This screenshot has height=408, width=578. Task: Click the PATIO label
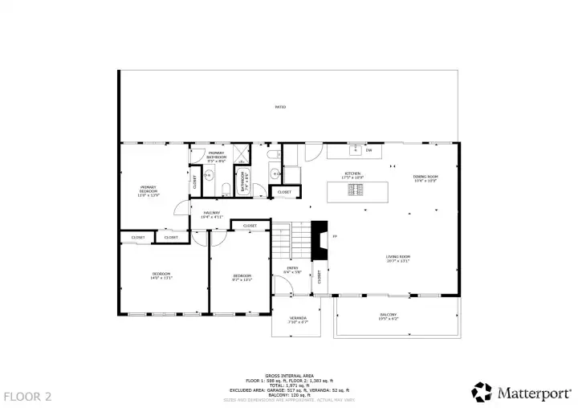tap(280, 107)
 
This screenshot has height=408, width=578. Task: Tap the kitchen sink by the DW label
tap(354, 150)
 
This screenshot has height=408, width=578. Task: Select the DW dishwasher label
tap(369, 150)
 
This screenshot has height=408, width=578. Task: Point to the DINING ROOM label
tap(425, 178)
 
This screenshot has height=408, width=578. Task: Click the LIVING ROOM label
tap(398, 259)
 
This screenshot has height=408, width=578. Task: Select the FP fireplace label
tap(335, 236)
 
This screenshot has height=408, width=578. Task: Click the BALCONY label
tap(388, 316)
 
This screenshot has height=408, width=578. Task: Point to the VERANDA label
tap(298, 320)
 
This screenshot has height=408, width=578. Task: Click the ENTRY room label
tap(293, 270)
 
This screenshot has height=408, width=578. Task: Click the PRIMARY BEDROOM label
tap(149, 190)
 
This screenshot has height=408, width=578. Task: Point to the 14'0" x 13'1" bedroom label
tap(162, 276)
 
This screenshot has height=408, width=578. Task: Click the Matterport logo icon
tap(482, 392)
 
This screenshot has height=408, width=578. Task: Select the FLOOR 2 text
tap(27, 396)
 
